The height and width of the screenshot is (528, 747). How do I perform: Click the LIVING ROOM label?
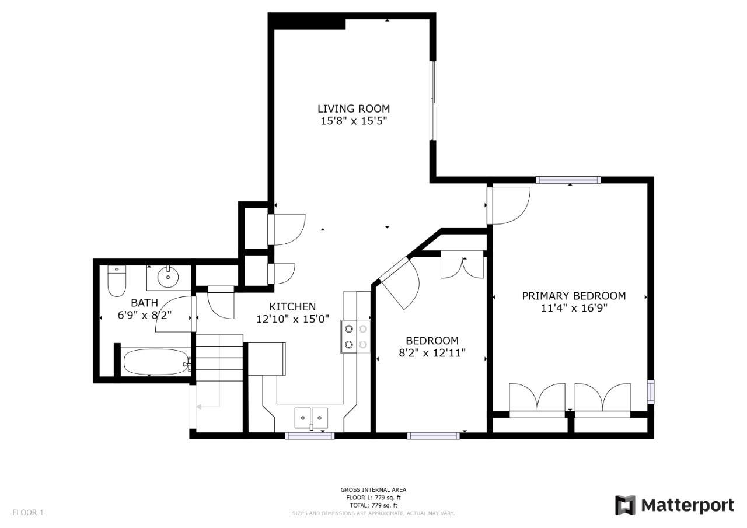click(x=354, y=109)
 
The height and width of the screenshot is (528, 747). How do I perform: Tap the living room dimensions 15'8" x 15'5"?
click(x=354, y=121)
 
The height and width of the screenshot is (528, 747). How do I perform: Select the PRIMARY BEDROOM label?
click(x=574, y=296)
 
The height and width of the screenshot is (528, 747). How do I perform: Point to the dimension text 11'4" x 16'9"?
click(x=574, y=308)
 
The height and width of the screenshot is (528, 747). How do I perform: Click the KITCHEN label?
click(x=292, y=307)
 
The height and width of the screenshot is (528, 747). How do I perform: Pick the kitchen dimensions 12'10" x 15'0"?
click(x=292, y=319)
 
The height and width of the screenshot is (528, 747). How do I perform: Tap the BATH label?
click(x=144, y=303)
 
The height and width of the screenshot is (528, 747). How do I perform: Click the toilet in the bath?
click(x=117, y=281)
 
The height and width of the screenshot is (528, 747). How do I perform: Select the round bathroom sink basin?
click(x=167, y=277)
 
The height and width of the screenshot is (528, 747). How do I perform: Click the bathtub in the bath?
click(x=156, y=362)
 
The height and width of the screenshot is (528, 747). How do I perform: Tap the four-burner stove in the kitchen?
click(x=355, y=337)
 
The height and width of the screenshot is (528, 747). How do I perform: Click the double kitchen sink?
click(x=311, y=418)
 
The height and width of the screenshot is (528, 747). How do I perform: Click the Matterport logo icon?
click(x=625, y=505)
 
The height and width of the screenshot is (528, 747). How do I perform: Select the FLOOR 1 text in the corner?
click(x=28, y=512)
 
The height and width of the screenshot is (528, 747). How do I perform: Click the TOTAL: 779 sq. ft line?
click(x=373, y=505)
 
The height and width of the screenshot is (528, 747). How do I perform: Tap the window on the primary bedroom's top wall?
click(x=568, y=180)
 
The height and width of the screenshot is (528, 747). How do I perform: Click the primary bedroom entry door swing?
click(x=508, y=206)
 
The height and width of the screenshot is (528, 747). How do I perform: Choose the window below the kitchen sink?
click(x=309, y=435)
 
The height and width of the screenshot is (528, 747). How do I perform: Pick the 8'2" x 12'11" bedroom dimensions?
click(x=432, y=352)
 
